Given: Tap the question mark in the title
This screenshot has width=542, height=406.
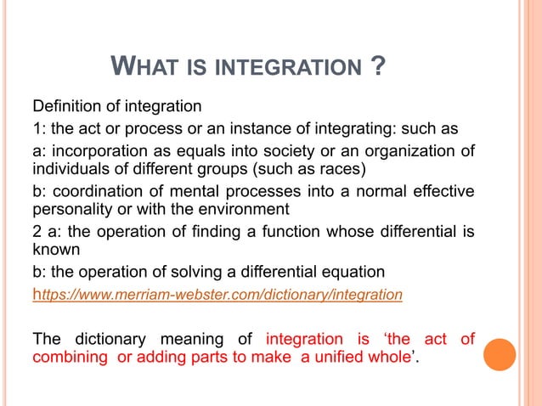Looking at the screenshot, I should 380,65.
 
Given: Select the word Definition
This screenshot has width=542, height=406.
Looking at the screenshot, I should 68,107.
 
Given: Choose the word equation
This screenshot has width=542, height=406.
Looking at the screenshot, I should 354,273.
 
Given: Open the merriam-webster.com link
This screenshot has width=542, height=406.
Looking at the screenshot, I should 217,295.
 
